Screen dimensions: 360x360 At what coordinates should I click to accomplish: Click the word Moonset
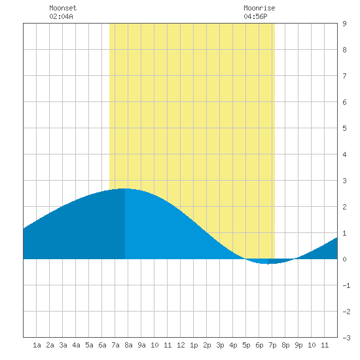tap(63, 8)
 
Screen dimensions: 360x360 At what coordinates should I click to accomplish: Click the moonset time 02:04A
tap(61, 16)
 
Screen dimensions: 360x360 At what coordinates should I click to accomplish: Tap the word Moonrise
tap(259, 8)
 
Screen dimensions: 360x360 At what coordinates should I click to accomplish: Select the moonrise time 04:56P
tap(255, 16)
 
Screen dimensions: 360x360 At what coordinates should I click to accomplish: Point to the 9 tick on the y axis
tap(344, 24)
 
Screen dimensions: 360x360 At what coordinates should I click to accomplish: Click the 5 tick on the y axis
tap(344, 128)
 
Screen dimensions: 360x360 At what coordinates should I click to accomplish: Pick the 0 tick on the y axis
tap(344, 259)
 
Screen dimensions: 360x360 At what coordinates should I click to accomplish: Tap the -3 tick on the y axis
tap(346, 338)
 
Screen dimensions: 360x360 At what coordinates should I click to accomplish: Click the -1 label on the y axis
tap(346, 285)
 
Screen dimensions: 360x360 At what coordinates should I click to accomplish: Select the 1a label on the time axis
tap(37, 345)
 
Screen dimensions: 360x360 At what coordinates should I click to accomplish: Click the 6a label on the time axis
tap(102, 345)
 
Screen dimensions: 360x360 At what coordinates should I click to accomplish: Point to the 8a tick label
tap(128, 345)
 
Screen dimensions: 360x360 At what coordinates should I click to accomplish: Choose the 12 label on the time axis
tap(181, 345)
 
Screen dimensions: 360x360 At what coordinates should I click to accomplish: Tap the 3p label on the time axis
tap(220, 345)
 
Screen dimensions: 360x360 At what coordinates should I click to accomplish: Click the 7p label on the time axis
tap(272, 345)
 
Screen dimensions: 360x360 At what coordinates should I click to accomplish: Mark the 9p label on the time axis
tap(298, 345)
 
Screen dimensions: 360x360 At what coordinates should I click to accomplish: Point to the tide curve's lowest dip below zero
tap(268, 264)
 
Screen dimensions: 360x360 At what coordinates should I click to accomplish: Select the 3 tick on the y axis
tap(344, 181)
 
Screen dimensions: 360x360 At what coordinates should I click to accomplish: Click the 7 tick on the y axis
tap(344, 76)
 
